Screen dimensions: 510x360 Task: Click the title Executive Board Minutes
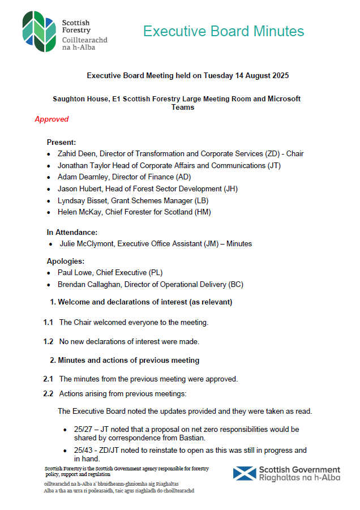pyautogui.click(x=224, y=31)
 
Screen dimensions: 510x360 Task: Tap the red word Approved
pyautogui.click(x=52, y=119)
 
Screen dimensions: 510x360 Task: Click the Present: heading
pyautogui.click(x=61, y=142)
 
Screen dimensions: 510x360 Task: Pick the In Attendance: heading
pyautogui.click(x=72, y=232)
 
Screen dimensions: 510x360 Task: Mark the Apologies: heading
pyautogui.click(x=66, y=262)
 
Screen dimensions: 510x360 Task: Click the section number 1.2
pyautogui.click(x=48, y=341)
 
